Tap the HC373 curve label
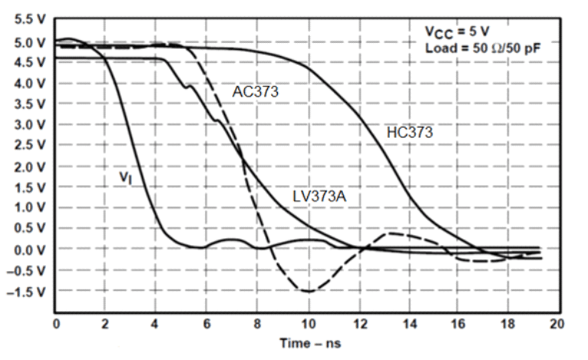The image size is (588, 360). point(410,132)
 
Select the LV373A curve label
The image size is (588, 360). point(320,196)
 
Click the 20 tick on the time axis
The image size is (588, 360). point(557,323)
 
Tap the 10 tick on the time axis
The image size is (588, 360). point(307,323)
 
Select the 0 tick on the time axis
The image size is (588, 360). point(56,323)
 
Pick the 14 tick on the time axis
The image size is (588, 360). point(407,323)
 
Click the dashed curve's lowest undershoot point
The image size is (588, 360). point(307,291)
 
